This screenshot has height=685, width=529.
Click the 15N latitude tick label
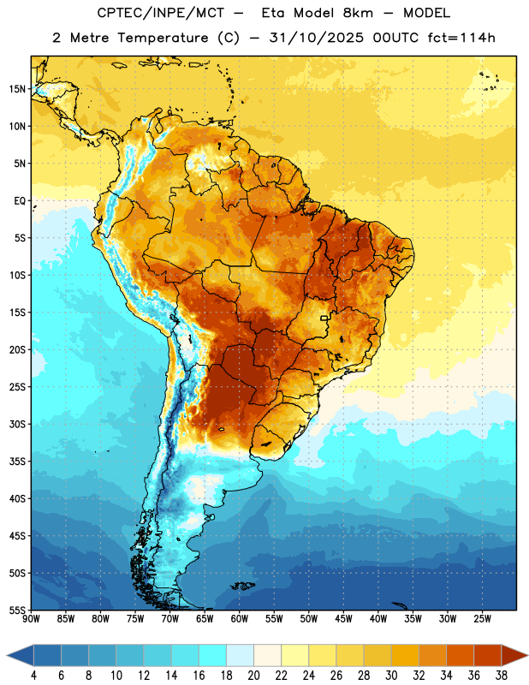[x=17, y=89]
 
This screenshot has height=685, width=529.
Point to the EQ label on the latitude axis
[x=20, y=201]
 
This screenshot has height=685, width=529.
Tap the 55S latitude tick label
[x=17, y=610]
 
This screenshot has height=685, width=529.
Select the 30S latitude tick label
[x=17, y=424]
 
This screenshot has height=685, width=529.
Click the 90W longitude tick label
[x=31, y=619]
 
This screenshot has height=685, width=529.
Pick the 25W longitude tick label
[x=482, y=619]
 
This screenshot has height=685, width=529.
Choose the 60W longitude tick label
[x=240, y=619]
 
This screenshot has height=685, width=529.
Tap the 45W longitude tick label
[x=344, y=619]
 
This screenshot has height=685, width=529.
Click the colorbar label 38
[x=502, y=676]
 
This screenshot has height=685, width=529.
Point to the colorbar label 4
[x=33, y=676]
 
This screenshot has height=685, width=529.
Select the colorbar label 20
[x=253, y=676]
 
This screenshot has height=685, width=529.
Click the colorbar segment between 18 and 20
[x=241, y=655]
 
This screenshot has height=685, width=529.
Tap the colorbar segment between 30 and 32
[x=406, y=655]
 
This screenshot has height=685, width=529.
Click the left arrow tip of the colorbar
[x=7, y=655]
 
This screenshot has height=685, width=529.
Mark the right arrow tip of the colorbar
[x=527, y=655]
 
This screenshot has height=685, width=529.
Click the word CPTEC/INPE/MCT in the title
[x=161, y=13]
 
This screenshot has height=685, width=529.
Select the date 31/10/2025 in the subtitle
[x=316, y=38]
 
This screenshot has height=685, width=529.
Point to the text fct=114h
[x=461, y=38]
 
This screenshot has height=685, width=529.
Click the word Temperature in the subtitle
[x=163, y=38]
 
